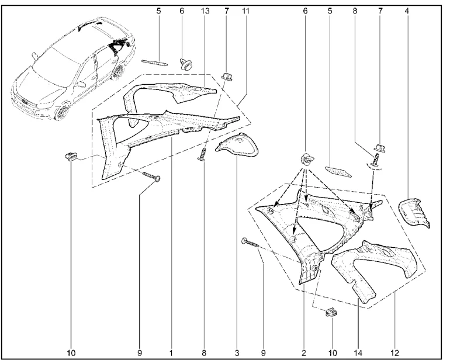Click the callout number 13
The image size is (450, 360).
pos(206,11)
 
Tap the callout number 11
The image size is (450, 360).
pos(245,11)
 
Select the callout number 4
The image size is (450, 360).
pos(407,11)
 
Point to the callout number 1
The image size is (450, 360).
pos(171,352)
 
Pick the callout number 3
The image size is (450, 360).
pos(237,352)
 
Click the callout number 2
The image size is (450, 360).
pos(304,352)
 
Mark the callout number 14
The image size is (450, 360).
pos(358,352)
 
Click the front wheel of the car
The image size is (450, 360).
pos(61,113)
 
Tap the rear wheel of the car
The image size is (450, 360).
pos(117,72)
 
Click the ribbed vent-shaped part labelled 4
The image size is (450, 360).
pos(414,213)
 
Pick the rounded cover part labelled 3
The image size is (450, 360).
pos(238,146)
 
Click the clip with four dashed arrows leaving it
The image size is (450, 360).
pos(306,160)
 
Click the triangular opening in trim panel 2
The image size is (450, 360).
pos(316,230)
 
